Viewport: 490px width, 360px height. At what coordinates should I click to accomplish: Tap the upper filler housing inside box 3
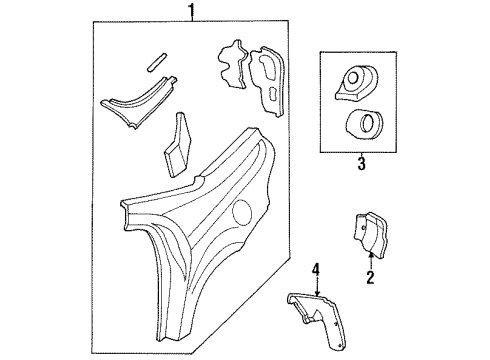pos(356,84)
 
